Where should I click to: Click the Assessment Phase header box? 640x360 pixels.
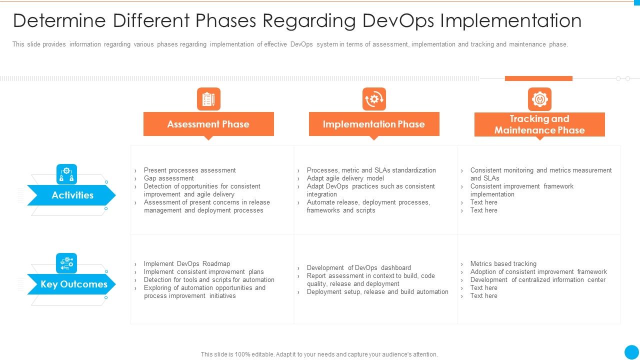click(x=208, y=124)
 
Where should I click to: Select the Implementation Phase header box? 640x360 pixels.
click(x=374, y=124)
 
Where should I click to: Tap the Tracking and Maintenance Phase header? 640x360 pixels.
click(x=539, y=124)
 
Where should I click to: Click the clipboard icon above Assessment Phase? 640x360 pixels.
click(x=208, y=99)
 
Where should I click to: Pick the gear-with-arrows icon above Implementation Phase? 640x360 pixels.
click(x=374, y=99)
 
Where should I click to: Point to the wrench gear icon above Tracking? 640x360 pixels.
click(x=539, y=99)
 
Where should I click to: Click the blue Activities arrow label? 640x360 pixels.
click(x=72, y=195)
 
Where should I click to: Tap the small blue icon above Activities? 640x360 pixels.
click(x=66, y=174)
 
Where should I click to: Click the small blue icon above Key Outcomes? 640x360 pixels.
click(x=66, y=263)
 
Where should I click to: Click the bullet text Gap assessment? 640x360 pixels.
click(x=168, y=178)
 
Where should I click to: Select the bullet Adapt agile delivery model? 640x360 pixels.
click(x=345, y=178)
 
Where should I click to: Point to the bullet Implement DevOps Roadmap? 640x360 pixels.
click(x=186, y=263)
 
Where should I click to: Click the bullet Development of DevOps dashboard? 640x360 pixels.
click(x=358, y=267)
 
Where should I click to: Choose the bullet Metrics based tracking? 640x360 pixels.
click(x=503, y=263)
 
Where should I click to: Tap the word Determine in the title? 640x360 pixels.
click(x=59, y=21)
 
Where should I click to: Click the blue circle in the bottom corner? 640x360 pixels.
click(x=631, y=351)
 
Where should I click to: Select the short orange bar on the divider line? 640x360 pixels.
click(x=538, y=78)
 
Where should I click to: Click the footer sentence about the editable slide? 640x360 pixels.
click(x=319, y=354)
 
